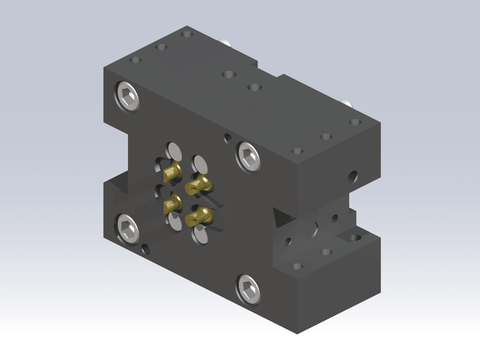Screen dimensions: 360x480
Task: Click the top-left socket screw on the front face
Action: pyautogui.click(x=127, y=97)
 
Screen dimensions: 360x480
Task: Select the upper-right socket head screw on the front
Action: pyautogui.click(x=248, y=155)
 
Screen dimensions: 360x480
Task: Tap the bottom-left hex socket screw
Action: pyautogui.click(x=128, y=226)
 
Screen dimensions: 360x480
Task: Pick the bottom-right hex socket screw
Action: pyautogui.click(x=247, y=289)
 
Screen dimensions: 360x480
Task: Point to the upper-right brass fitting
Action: pyautogui.click(x=201, y=184)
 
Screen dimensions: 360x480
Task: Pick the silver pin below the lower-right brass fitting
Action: pyautogui.click(x=200, y=234)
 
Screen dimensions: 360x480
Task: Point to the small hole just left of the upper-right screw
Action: pyautogui.click(x=229, y=138)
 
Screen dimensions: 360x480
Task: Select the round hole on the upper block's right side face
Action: pyautogui.click(x=352, y=176)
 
